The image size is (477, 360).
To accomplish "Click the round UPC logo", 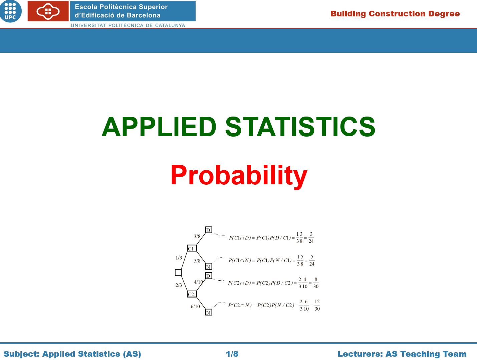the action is coord(10,11).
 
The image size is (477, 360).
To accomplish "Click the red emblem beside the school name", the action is coord(48,11).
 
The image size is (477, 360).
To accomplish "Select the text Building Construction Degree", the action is coord(395,14).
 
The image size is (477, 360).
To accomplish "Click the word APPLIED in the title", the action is coord(159,127).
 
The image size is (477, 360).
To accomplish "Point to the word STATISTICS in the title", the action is coord(300,127).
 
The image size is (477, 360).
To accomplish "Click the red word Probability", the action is coord(239,176).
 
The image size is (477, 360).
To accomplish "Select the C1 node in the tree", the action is coord(192,248).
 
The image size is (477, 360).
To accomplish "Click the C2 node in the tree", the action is coord(192,294).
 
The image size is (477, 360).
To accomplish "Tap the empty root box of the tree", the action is coord(178,273).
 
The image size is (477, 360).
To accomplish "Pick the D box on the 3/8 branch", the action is coord(209,230).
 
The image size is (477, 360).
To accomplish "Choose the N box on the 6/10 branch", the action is coord(209,312).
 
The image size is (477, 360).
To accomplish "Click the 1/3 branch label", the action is coord(179,258).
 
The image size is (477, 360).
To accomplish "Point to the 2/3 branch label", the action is coord(179,285).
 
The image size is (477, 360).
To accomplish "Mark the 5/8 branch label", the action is coord(197,261).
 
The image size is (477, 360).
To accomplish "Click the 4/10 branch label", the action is coord(198,282).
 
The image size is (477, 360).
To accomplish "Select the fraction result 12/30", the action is coord(317,305).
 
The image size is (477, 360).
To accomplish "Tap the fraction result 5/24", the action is coord(312,260).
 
